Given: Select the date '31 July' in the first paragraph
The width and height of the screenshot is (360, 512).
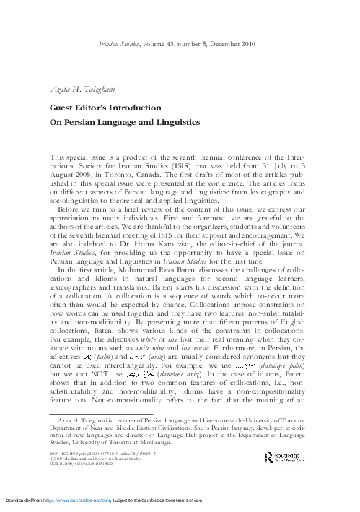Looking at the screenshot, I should tap(280, 164).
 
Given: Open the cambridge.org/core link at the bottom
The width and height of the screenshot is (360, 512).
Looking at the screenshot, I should tap(107, 500).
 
